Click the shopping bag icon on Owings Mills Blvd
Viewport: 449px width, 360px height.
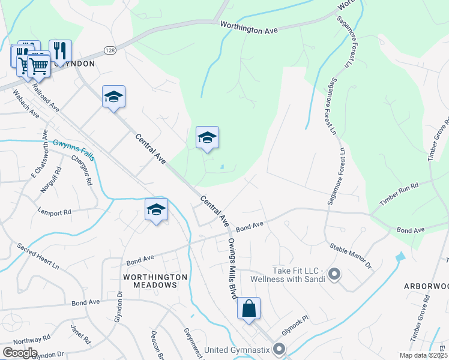pyautogui.click(x=249, y=309)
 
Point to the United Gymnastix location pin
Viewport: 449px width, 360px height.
pyautogui.click(x=279, y=349)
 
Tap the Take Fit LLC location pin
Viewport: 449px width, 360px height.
pyautogui.click(x=334, y=275)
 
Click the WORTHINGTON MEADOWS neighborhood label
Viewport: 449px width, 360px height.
pyautogui.click(x=155, y=281)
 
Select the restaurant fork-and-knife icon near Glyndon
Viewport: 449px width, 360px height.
pyautogui.click(x=60, y=50)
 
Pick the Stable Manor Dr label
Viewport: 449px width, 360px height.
pyautogui.click(x=351, y=255)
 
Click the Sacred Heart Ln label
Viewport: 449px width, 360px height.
pyautogui.click(x=38, y=256)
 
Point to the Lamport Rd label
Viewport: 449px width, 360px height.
pyautogui.click(x=54, y=212)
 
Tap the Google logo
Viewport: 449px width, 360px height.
pyautogui.click(x=19, y=353)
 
